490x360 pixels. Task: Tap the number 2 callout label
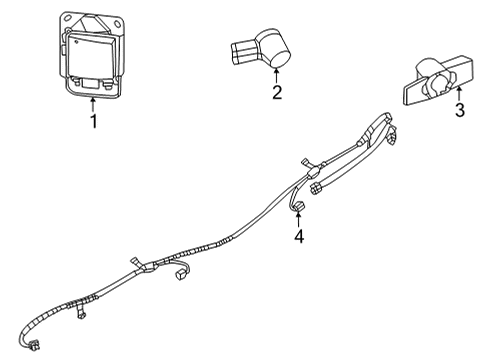(x=277, y=94)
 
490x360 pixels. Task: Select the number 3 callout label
(x=460, y=110)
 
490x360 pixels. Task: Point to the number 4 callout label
(x=297, y=237)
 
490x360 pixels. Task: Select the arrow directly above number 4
(x=297, y=219)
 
